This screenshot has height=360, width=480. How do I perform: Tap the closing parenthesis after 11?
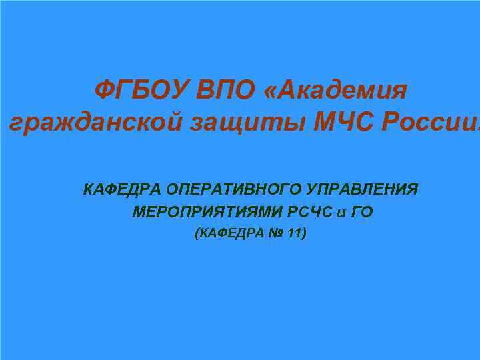click(x=304, y=234)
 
